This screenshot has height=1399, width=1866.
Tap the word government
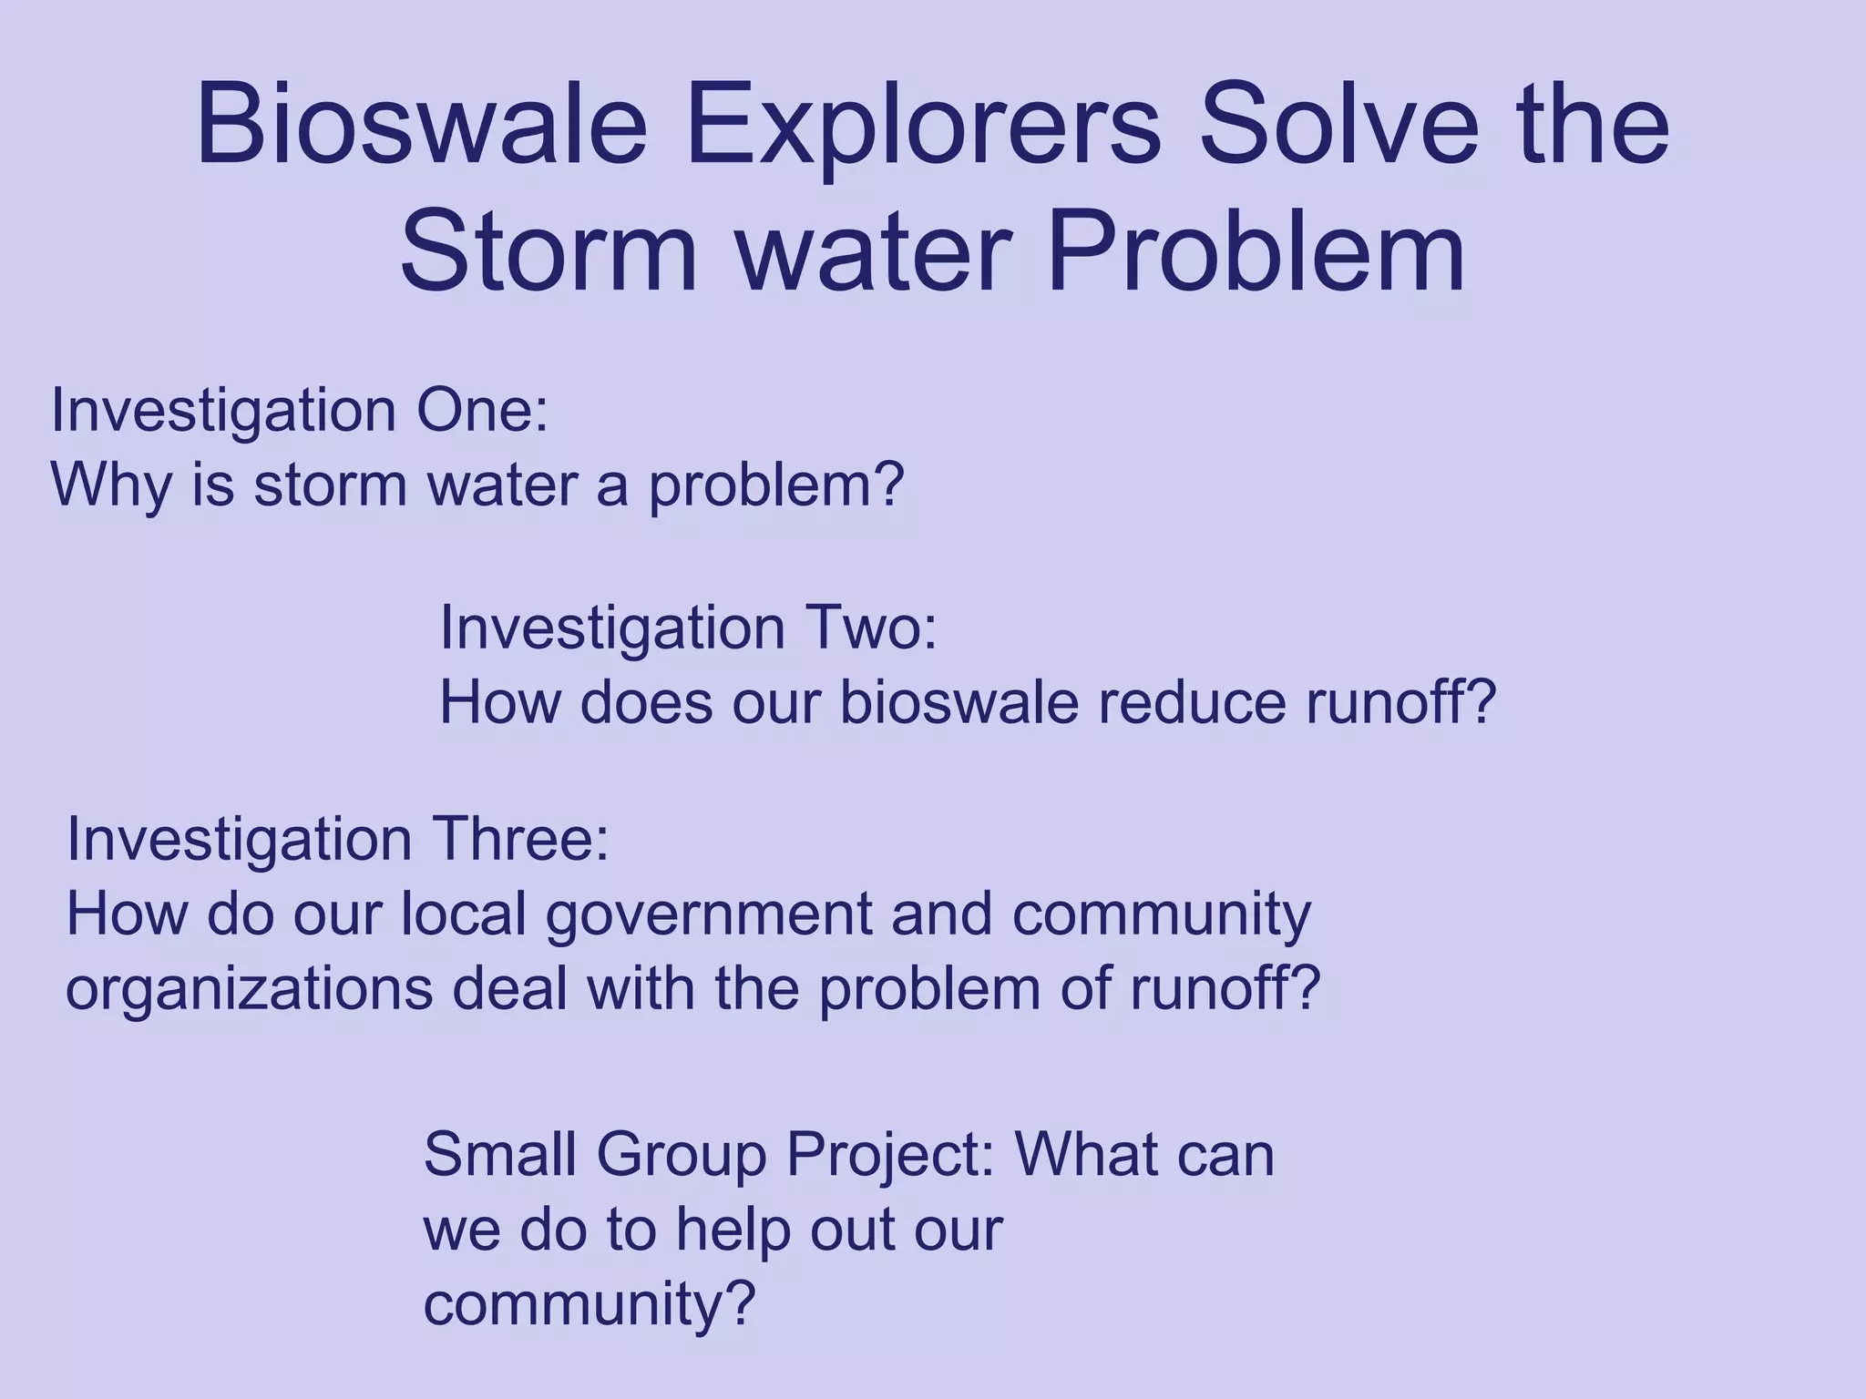click(709, 915)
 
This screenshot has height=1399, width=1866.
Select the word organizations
click(249, 990)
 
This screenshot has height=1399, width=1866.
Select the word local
click(464, 914)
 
